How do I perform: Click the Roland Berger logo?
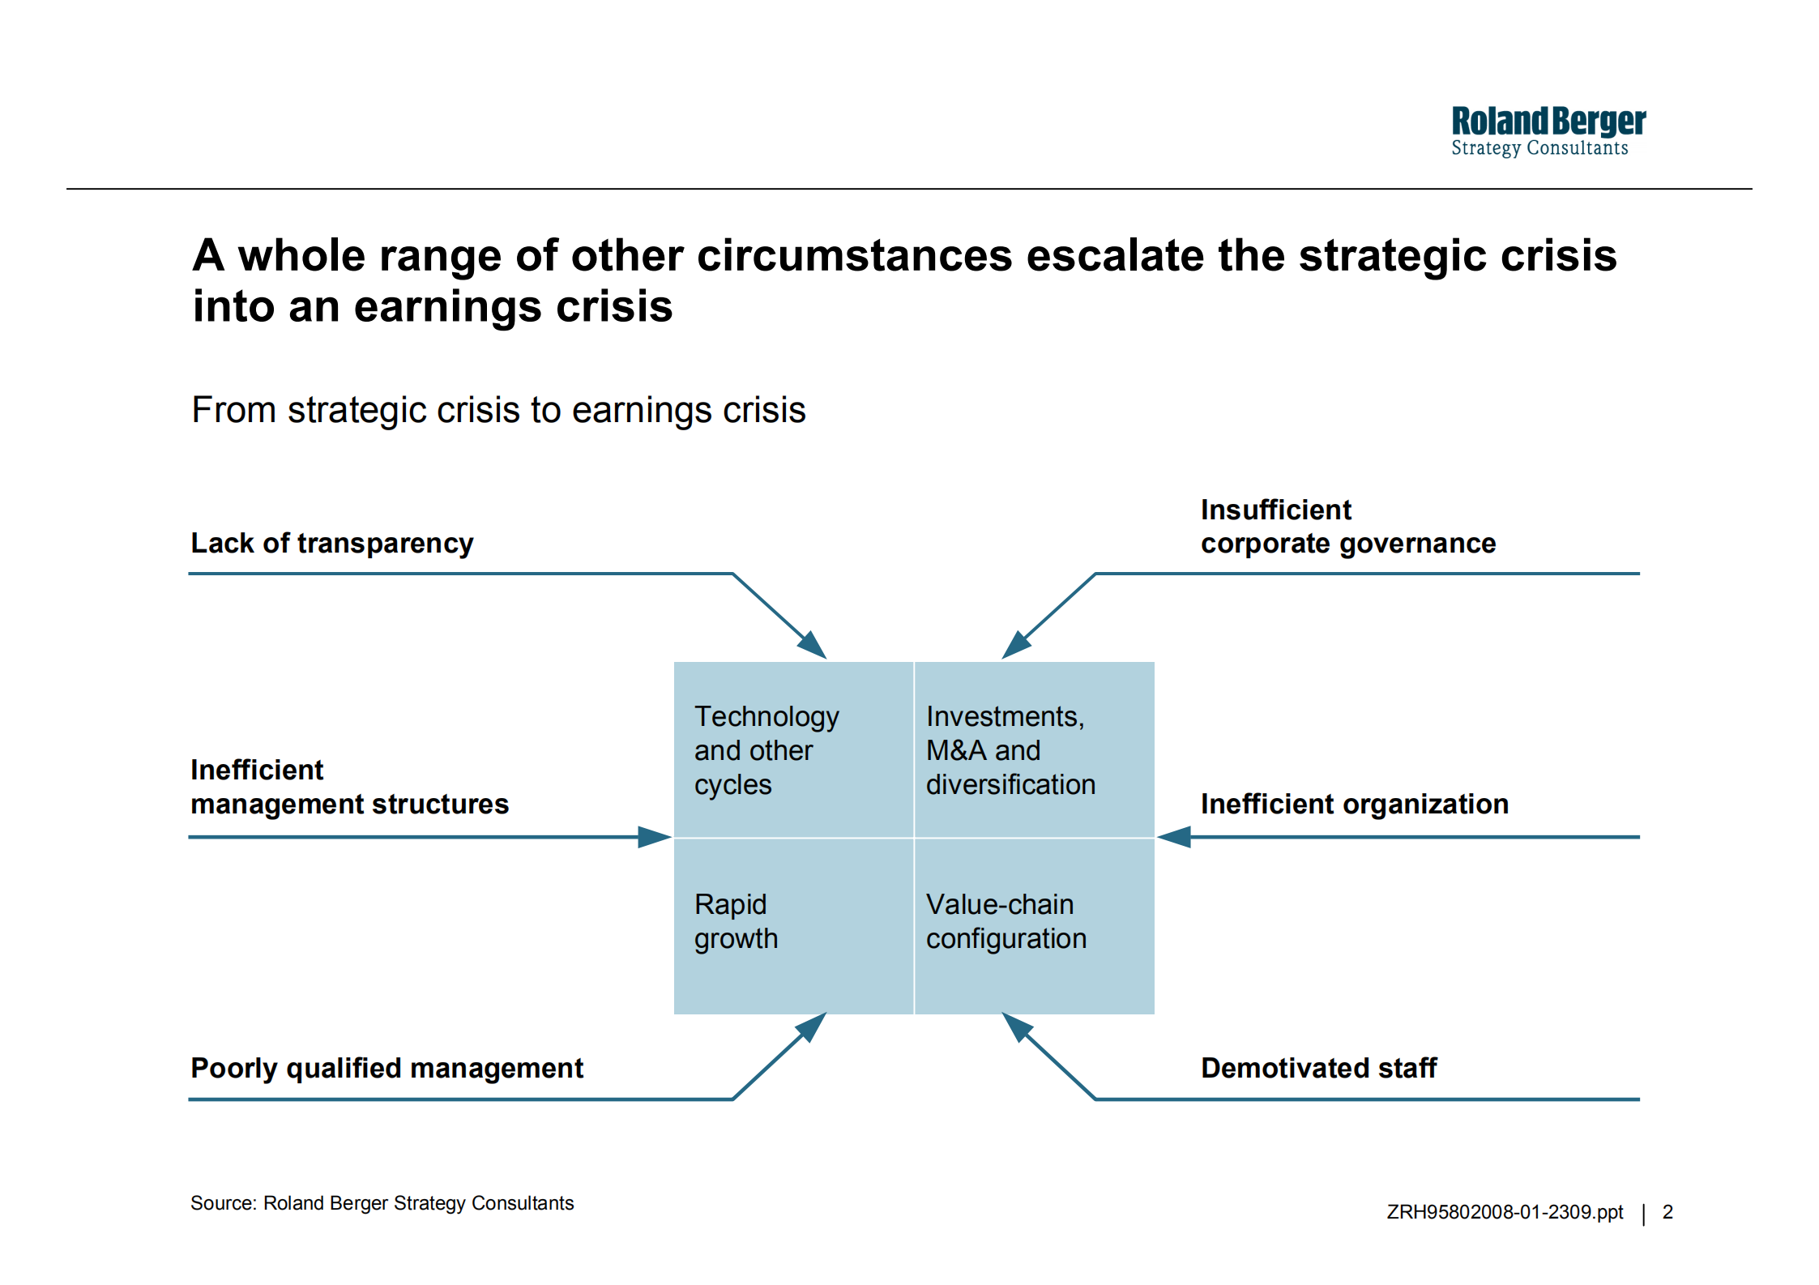click(x=1548, y=131)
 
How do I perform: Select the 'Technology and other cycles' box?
click(x=794, y=749)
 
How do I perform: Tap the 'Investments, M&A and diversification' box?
click(x=1035, y=749)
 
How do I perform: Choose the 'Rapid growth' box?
click(x=794, y=926)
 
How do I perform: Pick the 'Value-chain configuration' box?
click(x=1035, y=926)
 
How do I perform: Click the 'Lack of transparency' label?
click(x=332, y=544)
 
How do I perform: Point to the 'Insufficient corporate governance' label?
click(x=1348, y=527)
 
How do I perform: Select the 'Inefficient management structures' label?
click(x=350, y=787)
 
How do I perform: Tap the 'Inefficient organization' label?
click(x=1355, y=804)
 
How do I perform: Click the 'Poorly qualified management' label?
click(x=387, y=1069)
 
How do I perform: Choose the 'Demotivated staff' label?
click(x=1319, y=1068)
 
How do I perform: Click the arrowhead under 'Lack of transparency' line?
click(x=812, y=645)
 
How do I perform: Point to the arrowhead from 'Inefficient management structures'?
click(x=655, y=837)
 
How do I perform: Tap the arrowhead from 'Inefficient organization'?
click(x=1174, y=837)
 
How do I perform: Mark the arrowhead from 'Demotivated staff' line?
click(x=1017, y=1027)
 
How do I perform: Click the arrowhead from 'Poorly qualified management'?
click(x=812, y=1027)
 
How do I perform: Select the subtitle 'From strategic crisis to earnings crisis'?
click(x=498, y=411)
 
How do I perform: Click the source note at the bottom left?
click(x=382, y=1203)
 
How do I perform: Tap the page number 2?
click(x=1667, y=1212)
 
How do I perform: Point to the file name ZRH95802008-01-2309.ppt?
click(x=1505, y=1212)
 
